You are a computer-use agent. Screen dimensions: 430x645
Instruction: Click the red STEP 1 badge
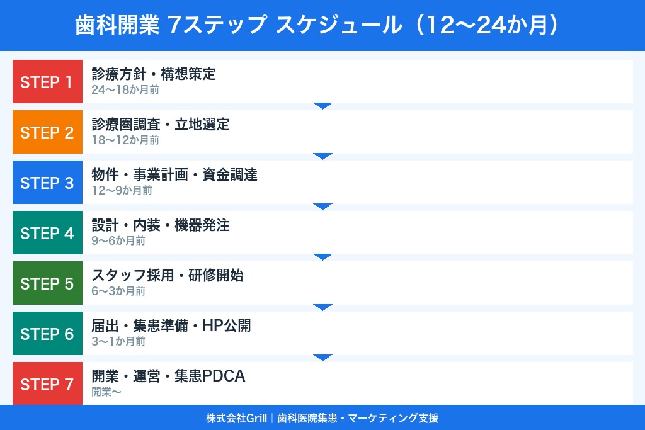pyautogui.click(x=47, y=82)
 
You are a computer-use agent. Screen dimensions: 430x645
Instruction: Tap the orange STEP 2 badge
pyautogui.click(x=47, y=132)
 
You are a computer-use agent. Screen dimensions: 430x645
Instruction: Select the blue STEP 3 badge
pyautogui.click(x=47, y=183)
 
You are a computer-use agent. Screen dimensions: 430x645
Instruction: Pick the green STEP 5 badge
pyautogui.click(x=47, y=283)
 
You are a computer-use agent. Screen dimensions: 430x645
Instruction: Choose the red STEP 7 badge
pyautogui.click(x=47, y=383)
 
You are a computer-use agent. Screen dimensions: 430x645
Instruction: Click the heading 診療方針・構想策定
pyautogui.click(x=154, y=74)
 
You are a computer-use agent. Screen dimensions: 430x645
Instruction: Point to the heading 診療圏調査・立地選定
pyautogui.click(x=161, y=125)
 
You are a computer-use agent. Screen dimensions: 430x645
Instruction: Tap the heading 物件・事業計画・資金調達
pyautogui.click(x=174, y=175)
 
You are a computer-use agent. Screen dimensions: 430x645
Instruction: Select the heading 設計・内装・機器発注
pyautogui.click(x=161, y=225)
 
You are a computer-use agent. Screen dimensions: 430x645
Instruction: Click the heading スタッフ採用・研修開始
pyautogui.click(x=168, y=276)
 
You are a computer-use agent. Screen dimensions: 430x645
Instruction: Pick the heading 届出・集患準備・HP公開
pyautogui.click(x=171, y=326)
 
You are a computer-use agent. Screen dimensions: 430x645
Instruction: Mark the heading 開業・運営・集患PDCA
pyautogui.click(x=168, y=376)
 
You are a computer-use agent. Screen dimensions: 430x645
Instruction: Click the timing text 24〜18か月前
pyautogui.click(x=125, y=90)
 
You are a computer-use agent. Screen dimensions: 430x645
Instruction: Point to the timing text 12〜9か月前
pyautogui.click(x=122, y=191)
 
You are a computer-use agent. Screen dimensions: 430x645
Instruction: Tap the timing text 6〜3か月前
pyautogui.click(x=118, y=291)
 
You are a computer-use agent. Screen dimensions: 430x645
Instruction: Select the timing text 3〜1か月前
pyautogui.click(x=118, y=342)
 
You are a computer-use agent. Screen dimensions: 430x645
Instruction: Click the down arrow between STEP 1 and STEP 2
pyautogui.click(x=322, y=106)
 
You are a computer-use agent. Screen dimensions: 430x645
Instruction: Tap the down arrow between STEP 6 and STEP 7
pyautogui.click(x=322, y=358)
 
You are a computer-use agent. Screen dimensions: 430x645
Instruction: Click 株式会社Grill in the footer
pyautogui.click(x=236, y=418)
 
